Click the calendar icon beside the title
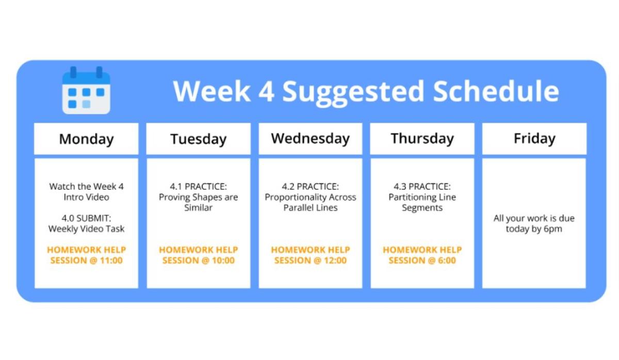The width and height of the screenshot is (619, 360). (86, 90)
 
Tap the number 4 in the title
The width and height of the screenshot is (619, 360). (266, 91)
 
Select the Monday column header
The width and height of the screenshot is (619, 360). (86, 139)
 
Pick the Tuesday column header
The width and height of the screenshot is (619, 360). (199, 139)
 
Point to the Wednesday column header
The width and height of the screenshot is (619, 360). (311, 139)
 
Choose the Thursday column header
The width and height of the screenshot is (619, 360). (422, 139)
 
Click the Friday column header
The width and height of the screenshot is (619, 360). (534, 139)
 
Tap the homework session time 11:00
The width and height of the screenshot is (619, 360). (111, 260)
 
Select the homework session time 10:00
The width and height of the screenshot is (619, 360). (223, 260)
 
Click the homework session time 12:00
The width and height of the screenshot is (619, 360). (335, 260)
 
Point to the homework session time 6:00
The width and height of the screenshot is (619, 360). (447, 260)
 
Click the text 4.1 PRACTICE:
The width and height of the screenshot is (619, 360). (199, 187)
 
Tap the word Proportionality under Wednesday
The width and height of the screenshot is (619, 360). (295, 197)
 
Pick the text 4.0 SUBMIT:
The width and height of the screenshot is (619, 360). (86, 218)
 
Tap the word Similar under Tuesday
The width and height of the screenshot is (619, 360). (199, 208)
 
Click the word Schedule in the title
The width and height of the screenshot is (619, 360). (496, 91)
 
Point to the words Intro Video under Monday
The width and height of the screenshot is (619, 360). (86, 197)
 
